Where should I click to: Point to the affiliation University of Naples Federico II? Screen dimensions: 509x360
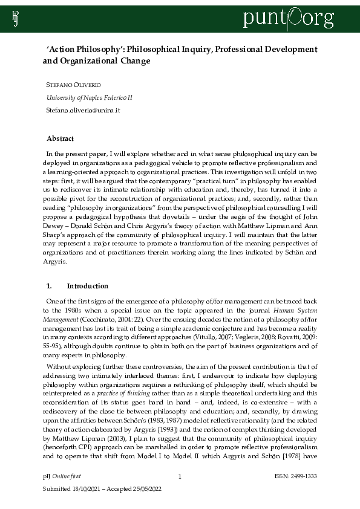90,97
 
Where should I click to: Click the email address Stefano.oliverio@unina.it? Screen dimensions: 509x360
83,110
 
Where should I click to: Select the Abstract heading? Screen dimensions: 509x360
61,138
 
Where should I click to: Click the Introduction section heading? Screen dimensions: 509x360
88,286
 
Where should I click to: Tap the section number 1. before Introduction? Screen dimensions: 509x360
50,286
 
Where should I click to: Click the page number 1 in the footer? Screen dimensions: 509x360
180,477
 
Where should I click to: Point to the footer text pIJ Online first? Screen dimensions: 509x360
62,477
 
